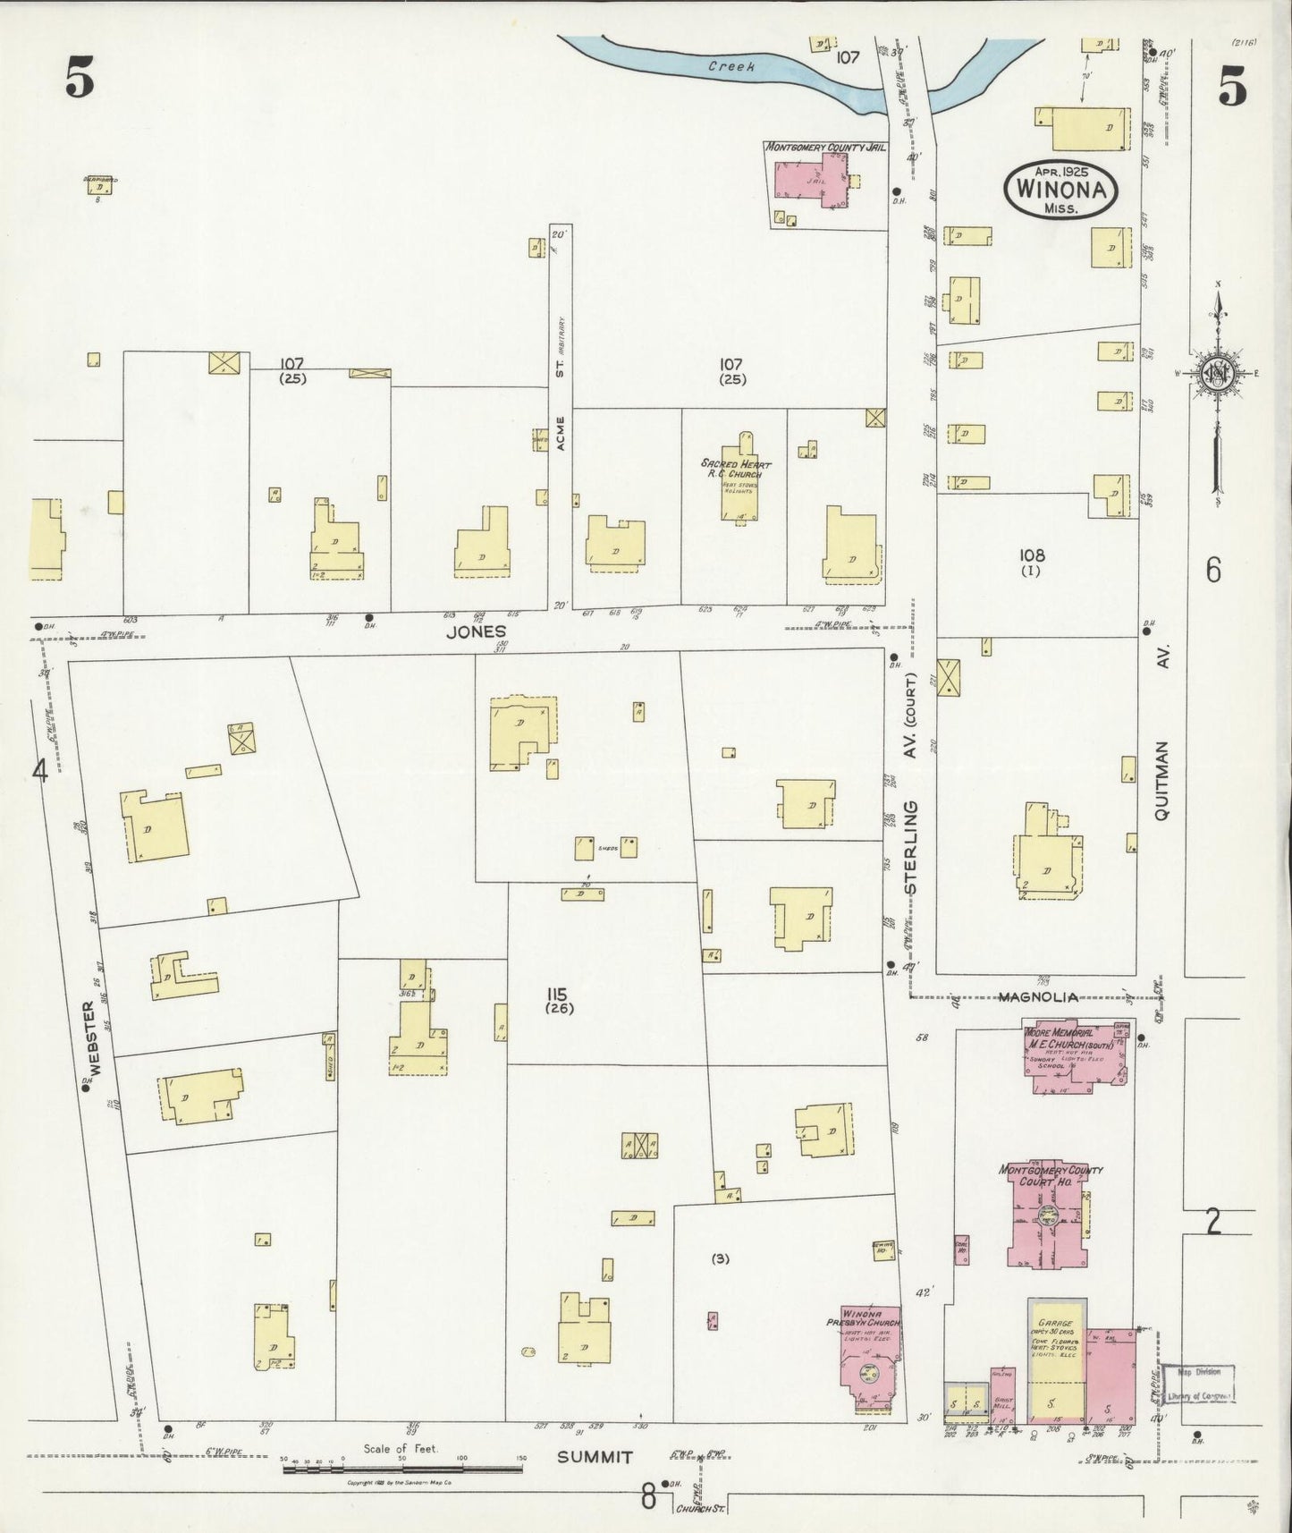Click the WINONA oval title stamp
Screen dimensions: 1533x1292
point(1061,190)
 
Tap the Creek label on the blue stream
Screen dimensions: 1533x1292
point(731,66)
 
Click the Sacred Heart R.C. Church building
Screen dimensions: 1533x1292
point(739,487)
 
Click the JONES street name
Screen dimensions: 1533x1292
point(477,631)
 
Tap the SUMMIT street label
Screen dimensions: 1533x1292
point(595,1457)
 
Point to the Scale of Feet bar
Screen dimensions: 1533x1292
point(402,1469)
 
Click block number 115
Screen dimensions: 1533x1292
point(561,994)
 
